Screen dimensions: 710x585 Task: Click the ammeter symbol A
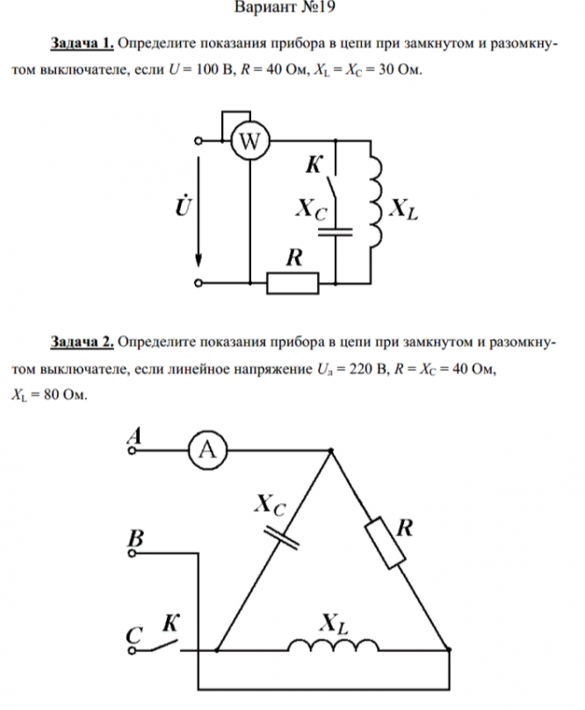pyautogui.click(x=207, y=451)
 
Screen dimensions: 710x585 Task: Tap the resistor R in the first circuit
pyautogui.click(x=292, y=283)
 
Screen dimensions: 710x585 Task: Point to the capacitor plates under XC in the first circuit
pyautogui.click(x=335, y=232)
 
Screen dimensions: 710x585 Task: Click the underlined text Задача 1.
pyautogui.click(x=83, y=42)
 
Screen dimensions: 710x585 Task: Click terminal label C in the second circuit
pyautogui.click(x=134, y=635)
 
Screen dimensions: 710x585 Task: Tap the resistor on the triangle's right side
pyautogui.click(x=386, y=543)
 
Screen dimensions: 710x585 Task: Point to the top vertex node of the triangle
pyautogui.click(x=330, y=452)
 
